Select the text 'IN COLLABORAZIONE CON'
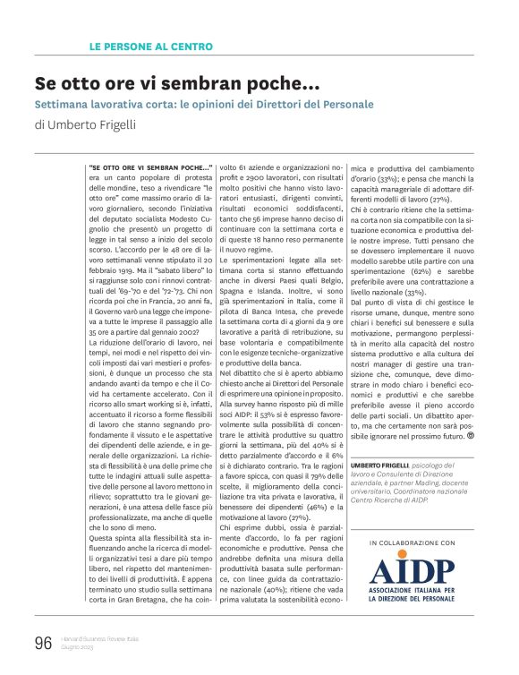pos(411,543)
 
